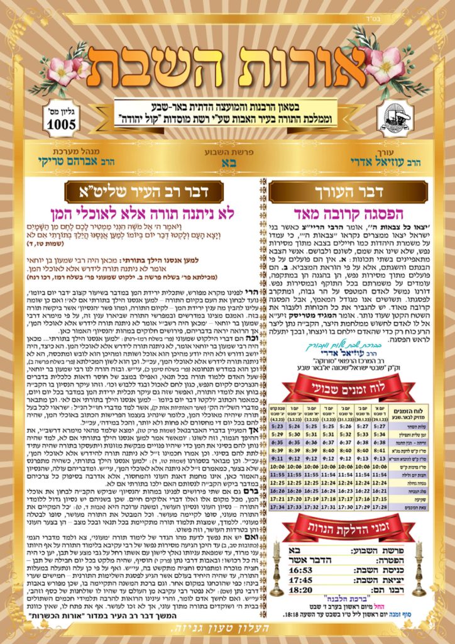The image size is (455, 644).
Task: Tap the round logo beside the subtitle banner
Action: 396,118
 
